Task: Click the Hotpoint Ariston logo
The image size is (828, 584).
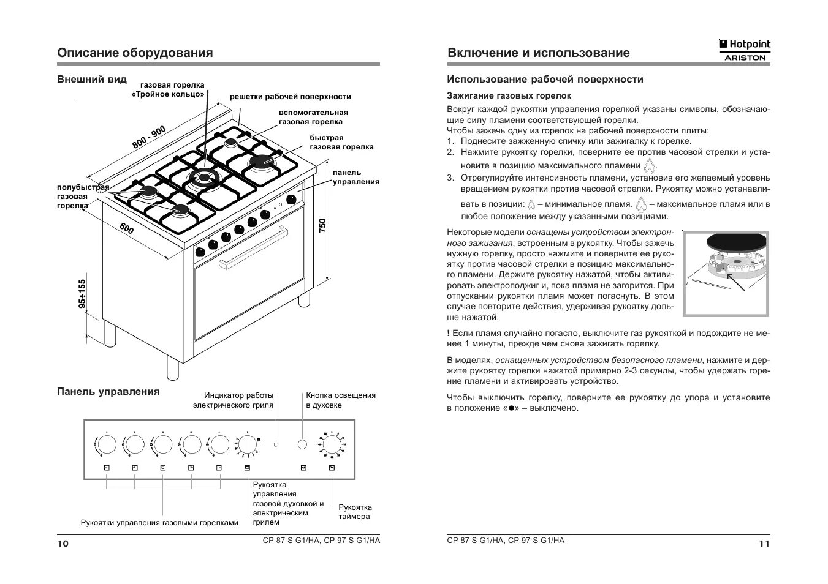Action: click(744, 50)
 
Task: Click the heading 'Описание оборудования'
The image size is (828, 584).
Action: click(135, 53)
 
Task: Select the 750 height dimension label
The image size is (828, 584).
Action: click(322, 225)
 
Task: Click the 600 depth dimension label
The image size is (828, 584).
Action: click(127, 229)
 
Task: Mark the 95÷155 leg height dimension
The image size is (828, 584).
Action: click(82, 295)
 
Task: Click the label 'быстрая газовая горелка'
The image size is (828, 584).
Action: click(341, 142)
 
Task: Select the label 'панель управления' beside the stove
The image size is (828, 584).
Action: click(355, 177)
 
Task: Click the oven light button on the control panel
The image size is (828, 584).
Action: click(302, 444)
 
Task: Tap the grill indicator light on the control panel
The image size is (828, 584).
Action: click(276, 444)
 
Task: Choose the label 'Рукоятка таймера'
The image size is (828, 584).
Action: click(355, 512)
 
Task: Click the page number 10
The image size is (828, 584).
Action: click(63, 544)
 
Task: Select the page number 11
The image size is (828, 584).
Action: click(764, 544)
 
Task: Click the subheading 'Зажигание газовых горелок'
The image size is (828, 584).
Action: click(509, 95)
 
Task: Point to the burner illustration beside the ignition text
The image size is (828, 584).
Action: click(726, 274)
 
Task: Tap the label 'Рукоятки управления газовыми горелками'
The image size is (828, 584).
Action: click(159, 523)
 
